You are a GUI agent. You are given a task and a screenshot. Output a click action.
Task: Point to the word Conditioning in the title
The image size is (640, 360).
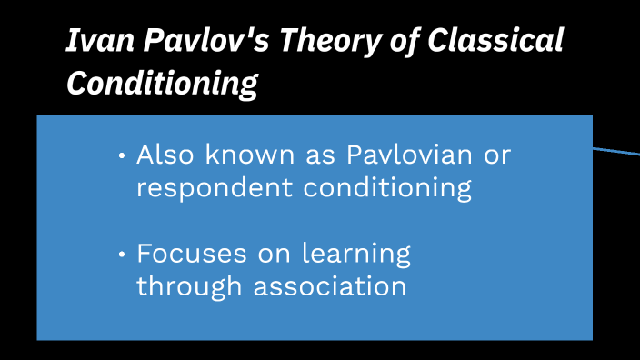(x=162, y=84)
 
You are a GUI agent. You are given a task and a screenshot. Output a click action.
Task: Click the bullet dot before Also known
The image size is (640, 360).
(x=123, y=156)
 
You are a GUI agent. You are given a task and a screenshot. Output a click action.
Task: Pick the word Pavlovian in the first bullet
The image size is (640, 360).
(x=409, y=155)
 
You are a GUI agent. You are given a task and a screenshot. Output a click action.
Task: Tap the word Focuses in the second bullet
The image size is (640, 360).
(x=190, y=254)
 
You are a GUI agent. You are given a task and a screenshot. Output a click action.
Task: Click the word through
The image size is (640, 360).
(x=190, y=287)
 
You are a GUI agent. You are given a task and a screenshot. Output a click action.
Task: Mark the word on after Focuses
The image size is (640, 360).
(x=273, y=254)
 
